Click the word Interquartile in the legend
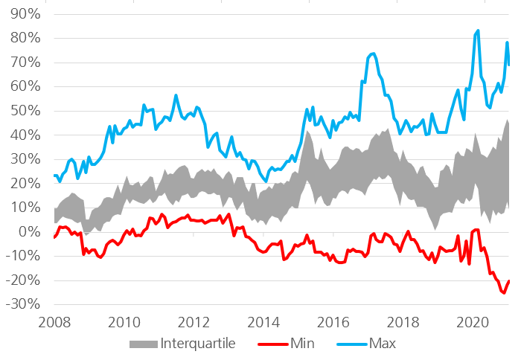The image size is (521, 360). [199, 343]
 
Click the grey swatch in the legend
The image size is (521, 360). [142, 343]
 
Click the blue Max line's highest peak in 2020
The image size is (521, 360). [478, 30]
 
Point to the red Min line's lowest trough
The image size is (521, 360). [504, 293]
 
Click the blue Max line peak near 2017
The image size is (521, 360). [373, 54]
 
